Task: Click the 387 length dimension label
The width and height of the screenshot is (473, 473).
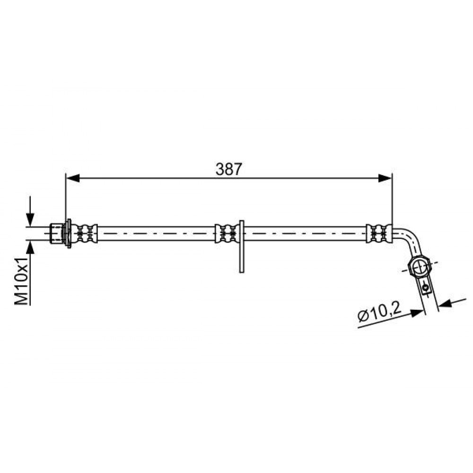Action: (228, 169)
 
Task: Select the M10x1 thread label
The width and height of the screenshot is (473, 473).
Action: (22, 281)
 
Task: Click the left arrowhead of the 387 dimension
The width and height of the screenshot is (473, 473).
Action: (73, 178)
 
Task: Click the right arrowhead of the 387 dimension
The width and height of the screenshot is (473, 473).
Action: (385, 178)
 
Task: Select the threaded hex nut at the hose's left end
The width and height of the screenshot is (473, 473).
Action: (56, 233)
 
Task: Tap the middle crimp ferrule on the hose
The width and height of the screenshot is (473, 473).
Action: (227, 234)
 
